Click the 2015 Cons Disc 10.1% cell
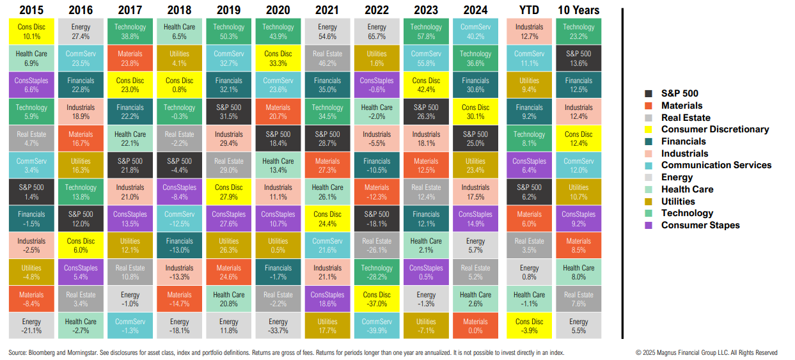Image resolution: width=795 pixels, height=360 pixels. click(x=31, y=31)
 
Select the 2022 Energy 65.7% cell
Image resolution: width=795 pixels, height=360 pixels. click(x=377, y=31)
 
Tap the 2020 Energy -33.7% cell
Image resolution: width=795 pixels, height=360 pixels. click(x=278, y=325)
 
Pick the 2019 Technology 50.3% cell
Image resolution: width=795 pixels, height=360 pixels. click(x=228, y=31)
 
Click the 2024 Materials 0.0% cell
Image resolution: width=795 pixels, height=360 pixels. click(x=475, y=325)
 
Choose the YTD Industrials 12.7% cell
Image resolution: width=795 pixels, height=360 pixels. click(x=529, y=31)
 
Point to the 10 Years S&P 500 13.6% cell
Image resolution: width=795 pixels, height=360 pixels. click(x=579, y=58)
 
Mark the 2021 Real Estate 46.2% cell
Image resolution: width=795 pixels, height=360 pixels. click(x=327, y=58)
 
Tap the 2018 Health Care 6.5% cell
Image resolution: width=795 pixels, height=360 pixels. click(x=179, y=31)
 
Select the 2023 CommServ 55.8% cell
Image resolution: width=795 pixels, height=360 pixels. click(x=426, y=58)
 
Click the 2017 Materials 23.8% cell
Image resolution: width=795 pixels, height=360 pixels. click(x=130, y=58)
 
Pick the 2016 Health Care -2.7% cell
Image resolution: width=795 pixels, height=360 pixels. click(x=81, y=325)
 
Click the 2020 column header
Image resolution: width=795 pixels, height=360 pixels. click(x=278, y=10)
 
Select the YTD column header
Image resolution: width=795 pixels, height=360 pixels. click(x=529, y=10)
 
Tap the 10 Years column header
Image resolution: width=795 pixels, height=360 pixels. click(x=579, y=10)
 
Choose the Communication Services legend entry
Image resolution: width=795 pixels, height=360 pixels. click(x=716, y=165)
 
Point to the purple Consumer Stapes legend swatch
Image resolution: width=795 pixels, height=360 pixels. click(x=649, y=225)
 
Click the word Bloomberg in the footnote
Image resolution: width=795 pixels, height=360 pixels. click(x=42, y=352)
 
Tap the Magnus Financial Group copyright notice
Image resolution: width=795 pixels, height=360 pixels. click(x=706, y=352)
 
